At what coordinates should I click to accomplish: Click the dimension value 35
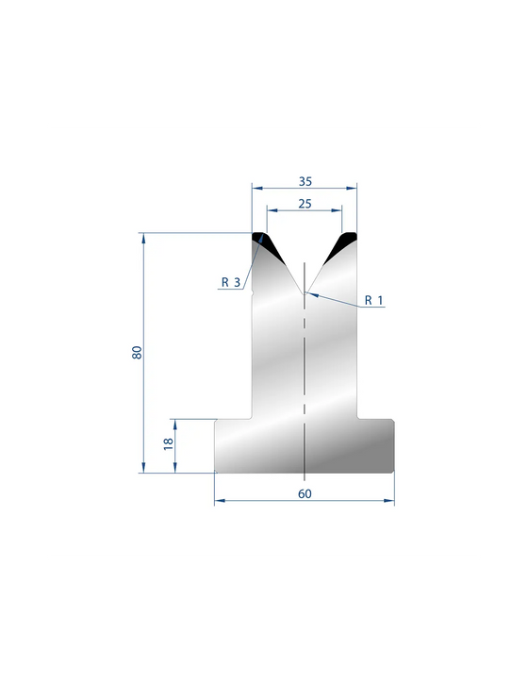[305, 181]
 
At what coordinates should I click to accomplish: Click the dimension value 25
[305, 204]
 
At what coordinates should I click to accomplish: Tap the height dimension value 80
[137, 352]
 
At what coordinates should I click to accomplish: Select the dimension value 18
[168, 444]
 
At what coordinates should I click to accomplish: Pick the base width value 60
[305, 493]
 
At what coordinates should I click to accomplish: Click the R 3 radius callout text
[231, 282]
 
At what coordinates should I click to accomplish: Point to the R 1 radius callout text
[373, 300]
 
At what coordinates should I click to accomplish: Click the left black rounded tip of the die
[268, 247]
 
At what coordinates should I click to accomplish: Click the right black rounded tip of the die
[340, 247]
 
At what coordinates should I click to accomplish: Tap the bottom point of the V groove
[305, 294]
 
